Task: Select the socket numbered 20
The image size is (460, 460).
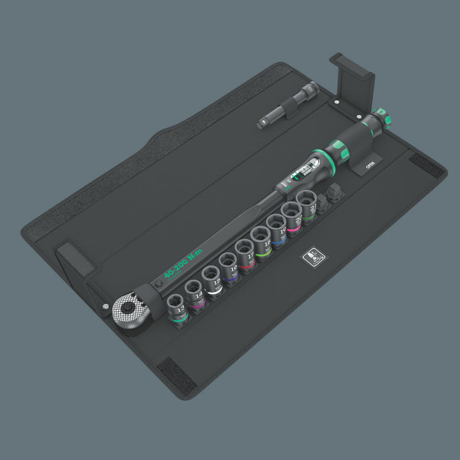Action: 293,214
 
